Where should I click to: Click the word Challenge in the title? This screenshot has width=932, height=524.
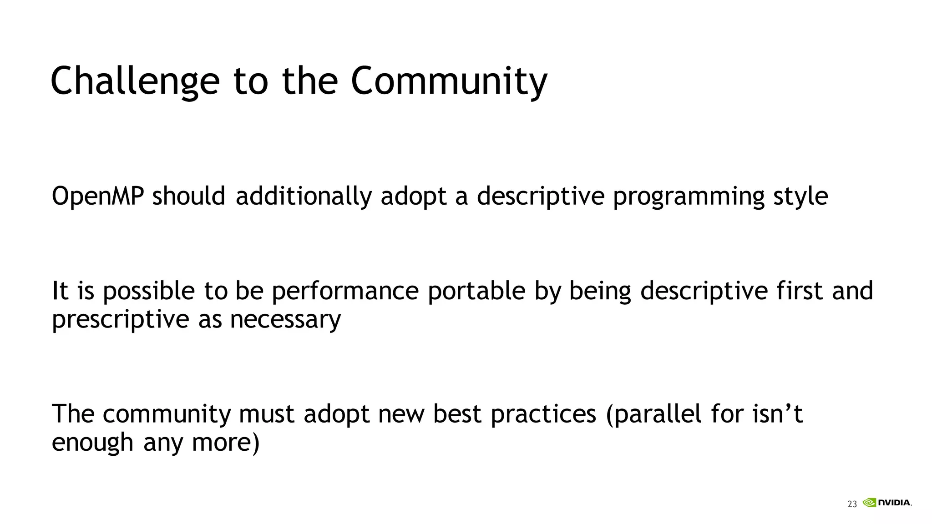coord(135,81)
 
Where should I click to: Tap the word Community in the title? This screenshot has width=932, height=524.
coord(449,81)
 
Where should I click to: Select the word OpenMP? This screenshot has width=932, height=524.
coord(98,196)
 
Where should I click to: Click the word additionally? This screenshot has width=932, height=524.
coord(304,196)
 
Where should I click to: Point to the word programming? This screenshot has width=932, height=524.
coord(689,196)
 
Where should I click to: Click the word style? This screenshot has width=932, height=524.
coord(800,196)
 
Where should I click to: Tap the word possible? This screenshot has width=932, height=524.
coord(149,291)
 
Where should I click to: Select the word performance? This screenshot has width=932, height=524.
coord(345,291)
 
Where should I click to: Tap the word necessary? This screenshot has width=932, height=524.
coord(285,319)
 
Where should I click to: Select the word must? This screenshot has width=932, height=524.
coord(266,414)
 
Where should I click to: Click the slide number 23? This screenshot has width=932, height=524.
coord(852,504)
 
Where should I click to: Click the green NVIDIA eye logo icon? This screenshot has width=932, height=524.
coord(869,503)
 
